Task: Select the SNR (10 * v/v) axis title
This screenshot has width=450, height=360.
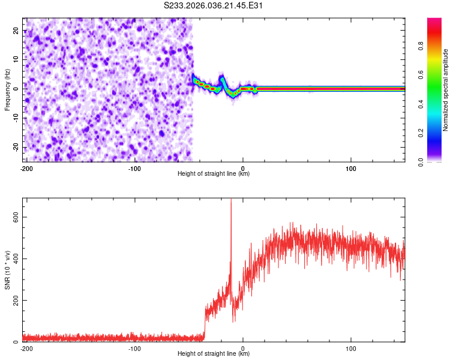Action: coord(7,270)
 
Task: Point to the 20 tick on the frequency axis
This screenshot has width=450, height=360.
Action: coord(16,31)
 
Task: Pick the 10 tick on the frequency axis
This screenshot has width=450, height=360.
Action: coord(16,60)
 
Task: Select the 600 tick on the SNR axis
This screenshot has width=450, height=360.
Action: coord(13,217)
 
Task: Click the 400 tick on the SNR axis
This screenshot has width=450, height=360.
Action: coord(13,259)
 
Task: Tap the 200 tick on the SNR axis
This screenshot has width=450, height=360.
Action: coord(13,300)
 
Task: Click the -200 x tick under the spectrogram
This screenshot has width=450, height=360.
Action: coord(26,168)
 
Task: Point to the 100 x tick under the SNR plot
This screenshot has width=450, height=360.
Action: coord(351,348)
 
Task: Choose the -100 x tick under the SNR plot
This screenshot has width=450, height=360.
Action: coord(134,348)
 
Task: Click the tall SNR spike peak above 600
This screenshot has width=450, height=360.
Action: coord(231,200)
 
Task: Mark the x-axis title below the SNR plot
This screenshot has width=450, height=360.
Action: coord(214,354)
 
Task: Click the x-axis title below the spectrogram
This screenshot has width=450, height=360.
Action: coord(214,174)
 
